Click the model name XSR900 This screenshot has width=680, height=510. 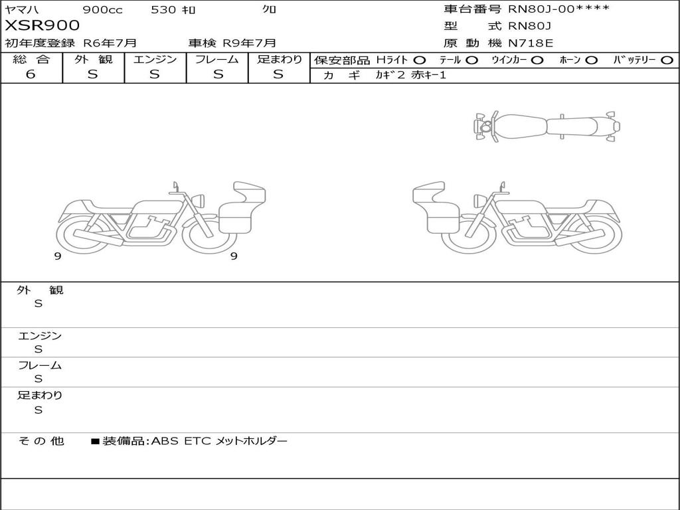(42, 25)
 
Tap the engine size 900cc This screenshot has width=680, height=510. (102, 9)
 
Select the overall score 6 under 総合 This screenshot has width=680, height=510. (31, 74)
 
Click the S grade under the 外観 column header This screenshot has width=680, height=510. (93, 74)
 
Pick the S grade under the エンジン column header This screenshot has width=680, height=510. (155, 74)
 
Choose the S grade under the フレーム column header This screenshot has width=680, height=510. (218, 74)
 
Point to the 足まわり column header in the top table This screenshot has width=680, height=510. (280, 59)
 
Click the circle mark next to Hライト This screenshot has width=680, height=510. (420, 60)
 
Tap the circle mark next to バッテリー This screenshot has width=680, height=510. (667, 60)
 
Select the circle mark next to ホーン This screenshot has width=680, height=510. (591, 60)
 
